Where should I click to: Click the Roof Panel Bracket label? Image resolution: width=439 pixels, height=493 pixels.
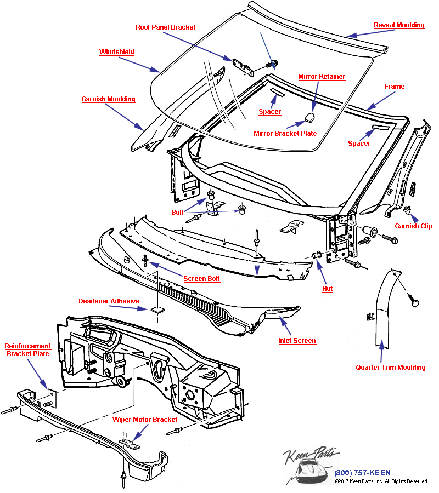coord(166,27)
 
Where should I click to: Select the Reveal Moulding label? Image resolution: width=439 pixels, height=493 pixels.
coord(399,25)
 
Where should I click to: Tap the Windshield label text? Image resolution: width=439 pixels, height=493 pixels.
coord(116,52)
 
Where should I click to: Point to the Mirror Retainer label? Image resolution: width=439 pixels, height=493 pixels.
coord(322,77)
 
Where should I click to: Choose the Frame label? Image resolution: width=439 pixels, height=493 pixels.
coord(395,87)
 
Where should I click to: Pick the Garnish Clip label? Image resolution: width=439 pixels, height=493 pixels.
coord(413,226)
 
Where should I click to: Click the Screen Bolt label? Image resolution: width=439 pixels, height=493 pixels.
coord(201,279)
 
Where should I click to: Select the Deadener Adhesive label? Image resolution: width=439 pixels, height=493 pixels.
coord(109,301)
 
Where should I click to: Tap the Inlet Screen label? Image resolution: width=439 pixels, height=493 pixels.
coord(297,341)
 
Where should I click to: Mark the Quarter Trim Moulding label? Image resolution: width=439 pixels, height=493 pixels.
coord(390,368)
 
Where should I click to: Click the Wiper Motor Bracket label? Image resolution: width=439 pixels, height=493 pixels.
coord(145,420)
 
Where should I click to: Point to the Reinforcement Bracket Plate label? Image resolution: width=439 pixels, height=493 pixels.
coord(27,350)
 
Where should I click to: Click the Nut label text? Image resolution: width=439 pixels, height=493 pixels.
coord(328,289)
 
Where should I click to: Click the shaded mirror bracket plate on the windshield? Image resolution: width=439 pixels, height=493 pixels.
coord(309,117)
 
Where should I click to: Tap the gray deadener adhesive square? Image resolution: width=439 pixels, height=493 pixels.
coord(157,309)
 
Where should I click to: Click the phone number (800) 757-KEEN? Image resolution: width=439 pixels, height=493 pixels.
coord(362,473)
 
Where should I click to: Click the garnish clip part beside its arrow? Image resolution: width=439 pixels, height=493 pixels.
coord(407,210)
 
